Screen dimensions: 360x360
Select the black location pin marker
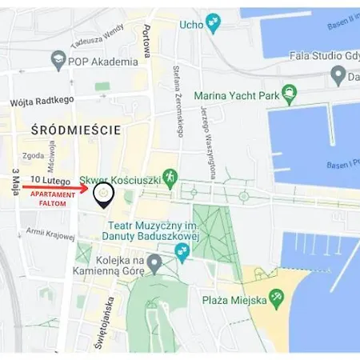tap(103, 194)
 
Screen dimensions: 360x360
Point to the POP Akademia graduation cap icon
tap(58, 59)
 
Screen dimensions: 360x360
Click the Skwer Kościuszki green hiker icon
tap(169, 177)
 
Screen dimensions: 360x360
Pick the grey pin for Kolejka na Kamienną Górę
tap(154, 262)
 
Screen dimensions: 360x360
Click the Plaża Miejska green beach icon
tap(277, 298)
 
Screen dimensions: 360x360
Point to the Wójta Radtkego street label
tap(42, 101)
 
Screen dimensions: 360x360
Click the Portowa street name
tap(146, 41)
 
